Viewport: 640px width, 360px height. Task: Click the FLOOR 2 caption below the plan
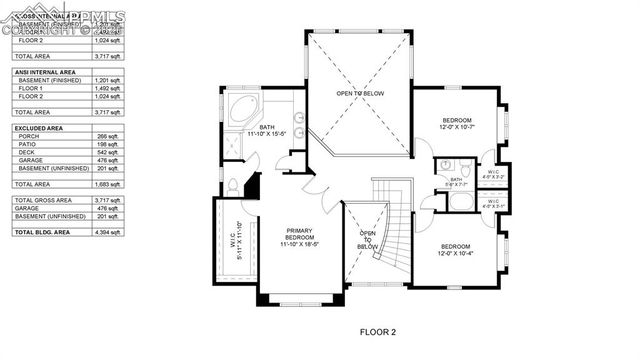click(x=378, y=331)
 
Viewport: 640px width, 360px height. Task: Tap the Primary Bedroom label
click(x=300, y=236)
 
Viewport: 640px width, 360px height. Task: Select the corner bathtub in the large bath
click(x=241, y=111)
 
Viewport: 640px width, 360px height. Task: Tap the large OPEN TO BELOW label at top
click(x=359, y=93)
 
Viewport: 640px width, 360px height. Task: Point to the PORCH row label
click(x=29, y=136)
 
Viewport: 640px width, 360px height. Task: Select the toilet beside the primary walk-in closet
click(x=232, y=186)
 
